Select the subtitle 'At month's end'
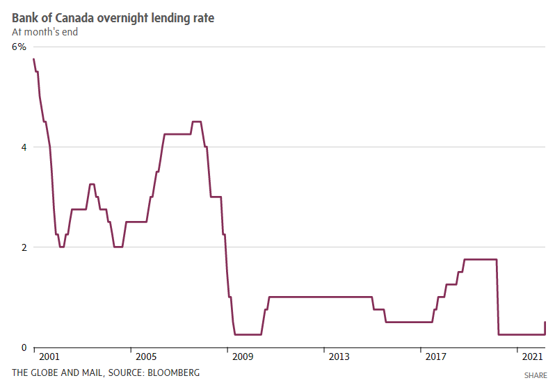(45, 32)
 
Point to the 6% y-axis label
(19, 47)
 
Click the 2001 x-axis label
(49, 357)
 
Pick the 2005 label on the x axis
(146, 357)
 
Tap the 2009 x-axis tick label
(243, 357)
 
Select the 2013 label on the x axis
(339, 357)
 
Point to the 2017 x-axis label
(436, 357)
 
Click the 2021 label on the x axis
(533, 357)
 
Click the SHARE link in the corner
(536, 375)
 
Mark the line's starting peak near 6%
(33, 59)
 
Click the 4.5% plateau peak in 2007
(196, 122)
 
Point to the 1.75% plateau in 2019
(480, 259)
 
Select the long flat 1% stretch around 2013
(320, 297)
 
